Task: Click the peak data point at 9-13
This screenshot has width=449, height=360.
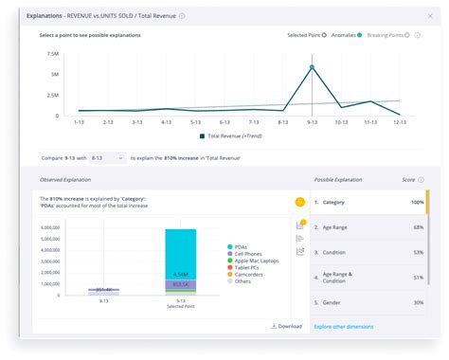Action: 312,67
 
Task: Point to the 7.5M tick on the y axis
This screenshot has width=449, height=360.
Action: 53,53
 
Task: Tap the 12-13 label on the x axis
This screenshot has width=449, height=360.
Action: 400,122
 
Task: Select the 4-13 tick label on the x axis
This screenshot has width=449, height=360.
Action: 166,122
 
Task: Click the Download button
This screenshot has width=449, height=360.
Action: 286,326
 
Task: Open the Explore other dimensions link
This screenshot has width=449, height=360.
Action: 344,326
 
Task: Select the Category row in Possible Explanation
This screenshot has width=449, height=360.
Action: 369,203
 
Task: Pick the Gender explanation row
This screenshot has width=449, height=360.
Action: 369,302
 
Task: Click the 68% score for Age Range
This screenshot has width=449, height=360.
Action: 418,227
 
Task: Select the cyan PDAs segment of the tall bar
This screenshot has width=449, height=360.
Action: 180,251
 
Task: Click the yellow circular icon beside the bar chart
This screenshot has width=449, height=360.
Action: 299,202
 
